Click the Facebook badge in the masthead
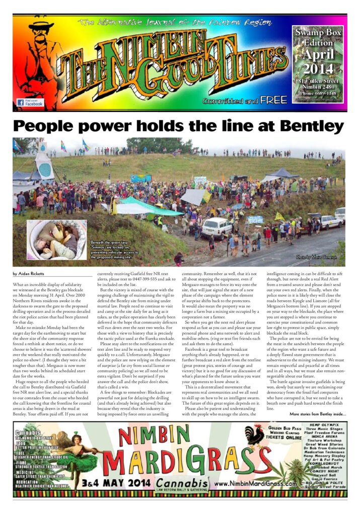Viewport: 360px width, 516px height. pyautogui.click(x=30, y=102)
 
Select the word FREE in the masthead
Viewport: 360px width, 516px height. pyautogui.click(x=274, y=100)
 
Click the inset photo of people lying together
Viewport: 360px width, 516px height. pyautogui.click(x=56, y=240)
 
